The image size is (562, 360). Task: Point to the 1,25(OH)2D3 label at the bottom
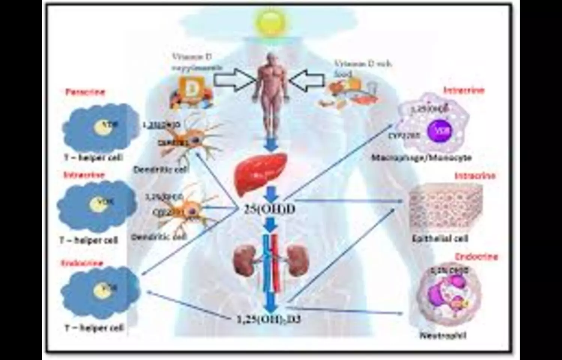point(269,319)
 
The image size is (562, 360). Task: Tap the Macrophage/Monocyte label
point(421,157)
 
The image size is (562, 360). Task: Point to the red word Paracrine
point(85,92)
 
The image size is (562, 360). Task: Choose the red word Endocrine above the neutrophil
point(476,257)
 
